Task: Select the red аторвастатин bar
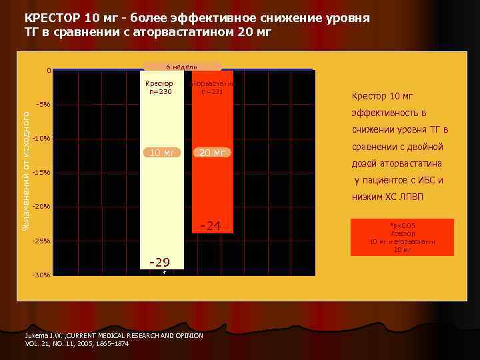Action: coord(211,187)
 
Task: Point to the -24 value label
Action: coord(211,227)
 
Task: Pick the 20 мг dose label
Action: coord(211,153)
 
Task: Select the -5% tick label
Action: coord(43,105)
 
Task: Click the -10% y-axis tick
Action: coord(41,139)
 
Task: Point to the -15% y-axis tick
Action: coord(41,173)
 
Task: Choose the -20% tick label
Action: coord(41,207)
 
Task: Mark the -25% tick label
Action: coord(41,241)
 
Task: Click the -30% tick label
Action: coord(41,275)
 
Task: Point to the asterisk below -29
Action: coord(164,272)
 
